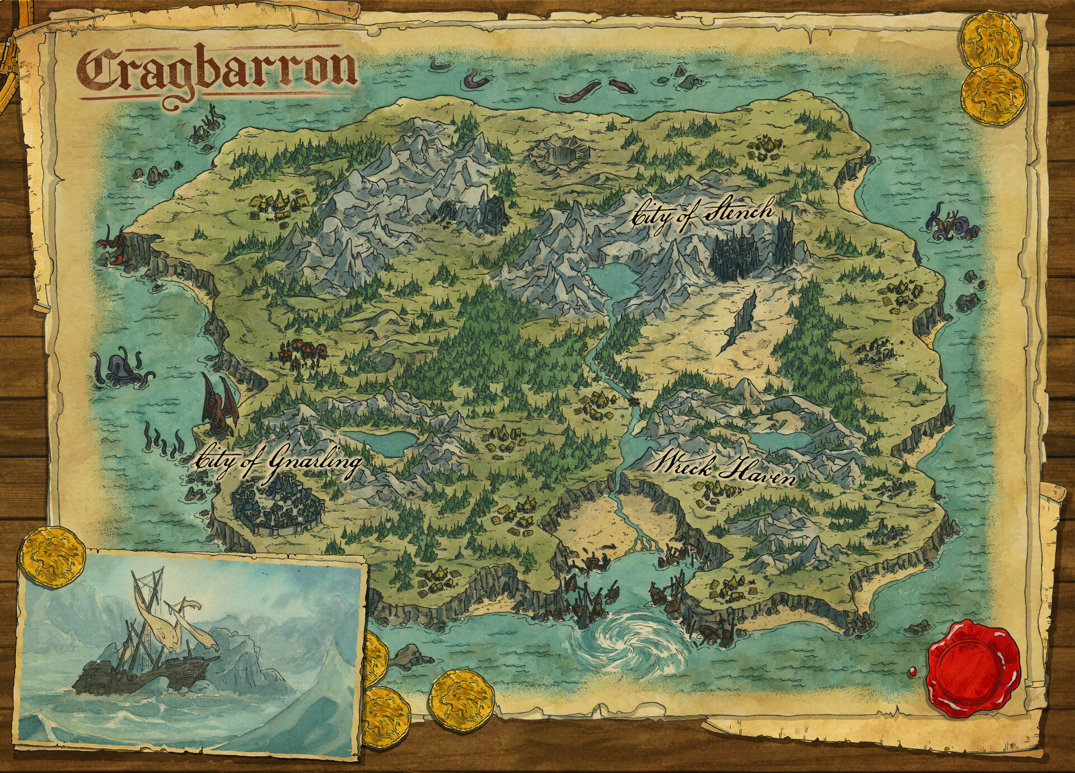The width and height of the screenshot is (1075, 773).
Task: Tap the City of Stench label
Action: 702,215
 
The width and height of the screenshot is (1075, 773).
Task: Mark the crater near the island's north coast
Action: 563,152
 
